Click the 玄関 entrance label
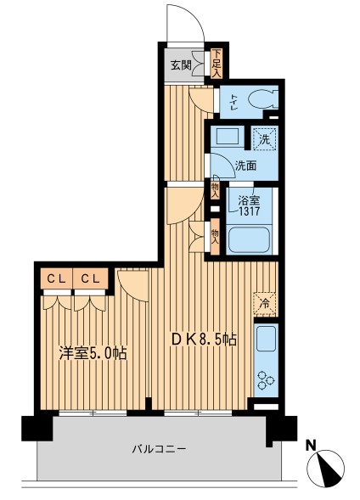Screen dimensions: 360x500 (181, 65)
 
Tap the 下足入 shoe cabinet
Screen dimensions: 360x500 (217, 63)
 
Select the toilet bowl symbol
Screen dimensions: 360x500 (261, 101)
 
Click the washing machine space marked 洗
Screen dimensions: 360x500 (264, 138)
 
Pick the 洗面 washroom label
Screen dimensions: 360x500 (245, 166)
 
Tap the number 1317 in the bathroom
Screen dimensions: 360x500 (250, 211)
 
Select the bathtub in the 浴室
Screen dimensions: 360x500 (249, 240)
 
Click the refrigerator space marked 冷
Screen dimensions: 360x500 (265, 304)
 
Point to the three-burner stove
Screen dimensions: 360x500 (266, 381)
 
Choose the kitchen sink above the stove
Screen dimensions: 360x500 (266, 339)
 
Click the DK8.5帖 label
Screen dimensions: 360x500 (204, 340)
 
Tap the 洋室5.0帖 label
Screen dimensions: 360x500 (93, 353)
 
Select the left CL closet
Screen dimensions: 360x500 (56, 278)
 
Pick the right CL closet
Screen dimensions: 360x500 (90, 278)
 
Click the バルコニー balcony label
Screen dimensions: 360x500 (159, 450)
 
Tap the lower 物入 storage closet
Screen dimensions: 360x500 (215, 236)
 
